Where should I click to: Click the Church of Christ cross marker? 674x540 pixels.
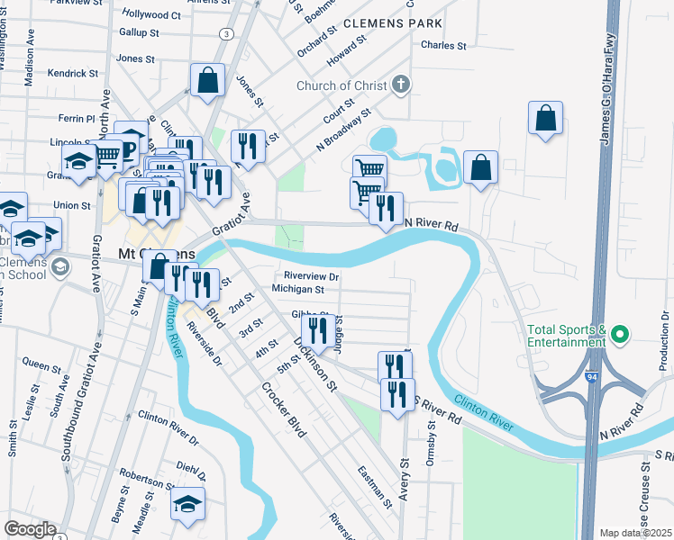point(401,85)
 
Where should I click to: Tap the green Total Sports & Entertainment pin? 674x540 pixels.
point(619,336)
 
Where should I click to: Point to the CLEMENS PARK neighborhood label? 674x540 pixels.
point(392,22)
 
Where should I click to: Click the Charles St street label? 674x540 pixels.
point(443,45)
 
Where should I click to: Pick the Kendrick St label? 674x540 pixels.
point(73,73)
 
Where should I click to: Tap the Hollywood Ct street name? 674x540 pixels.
point(151,14)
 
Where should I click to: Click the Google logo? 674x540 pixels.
point(30,529)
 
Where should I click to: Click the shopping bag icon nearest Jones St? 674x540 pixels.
point(207,80)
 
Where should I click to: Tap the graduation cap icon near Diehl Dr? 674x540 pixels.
point(187,505)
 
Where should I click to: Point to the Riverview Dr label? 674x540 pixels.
point(311,276)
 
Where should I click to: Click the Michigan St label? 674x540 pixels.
point(297,290)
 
